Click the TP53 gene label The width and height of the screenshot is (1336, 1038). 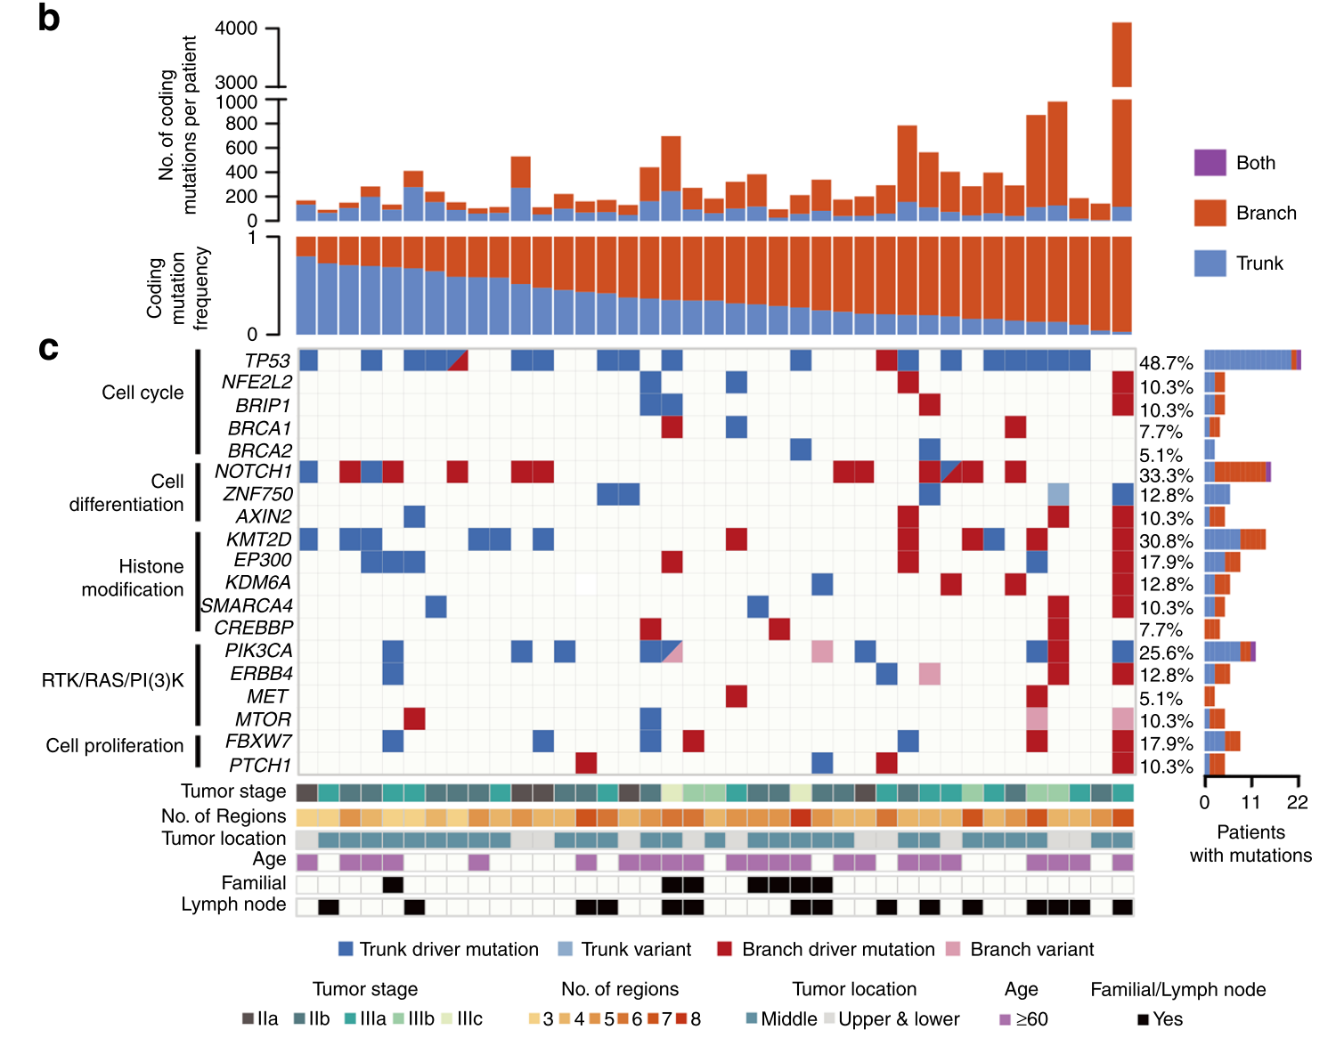pos(267,361)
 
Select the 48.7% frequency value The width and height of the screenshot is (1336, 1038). pos(1166,363)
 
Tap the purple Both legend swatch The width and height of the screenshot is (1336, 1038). pos(1210,163)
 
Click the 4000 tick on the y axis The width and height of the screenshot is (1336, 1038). pos(236,28)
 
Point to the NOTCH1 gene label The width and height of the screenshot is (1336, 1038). pos(253,471)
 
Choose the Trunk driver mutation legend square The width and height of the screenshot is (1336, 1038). pos(346,949)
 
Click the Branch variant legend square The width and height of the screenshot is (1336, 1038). pos(953,949)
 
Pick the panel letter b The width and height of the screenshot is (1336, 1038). pos(49,18)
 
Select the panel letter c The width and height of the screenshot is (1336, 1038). pos(48,348)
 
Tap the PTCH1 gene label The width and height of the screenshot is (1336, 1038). pos(260,765)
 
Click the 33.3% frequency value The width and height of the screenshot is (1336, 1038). pos(1166,475)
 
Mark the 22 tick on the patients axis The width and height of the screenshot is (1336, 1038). pos(1298,802)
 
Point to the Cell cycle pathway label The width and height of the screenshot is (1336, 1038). pos(143,393)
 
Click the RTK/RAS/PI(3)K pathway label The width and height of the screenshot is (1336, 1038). pos(112,681)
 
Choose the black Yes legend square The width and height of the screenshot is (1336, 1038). pos(1143,1019)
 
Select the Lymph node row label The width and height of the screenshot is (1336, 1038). pos(233,904)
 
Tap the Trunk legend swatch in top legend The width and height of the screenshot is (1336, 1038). pos(1210,264)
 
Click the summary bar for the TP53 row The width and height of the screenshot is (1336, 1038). pos(1251,360)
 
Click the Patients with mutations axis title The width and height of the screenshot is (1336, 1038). pos(1250,844)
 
